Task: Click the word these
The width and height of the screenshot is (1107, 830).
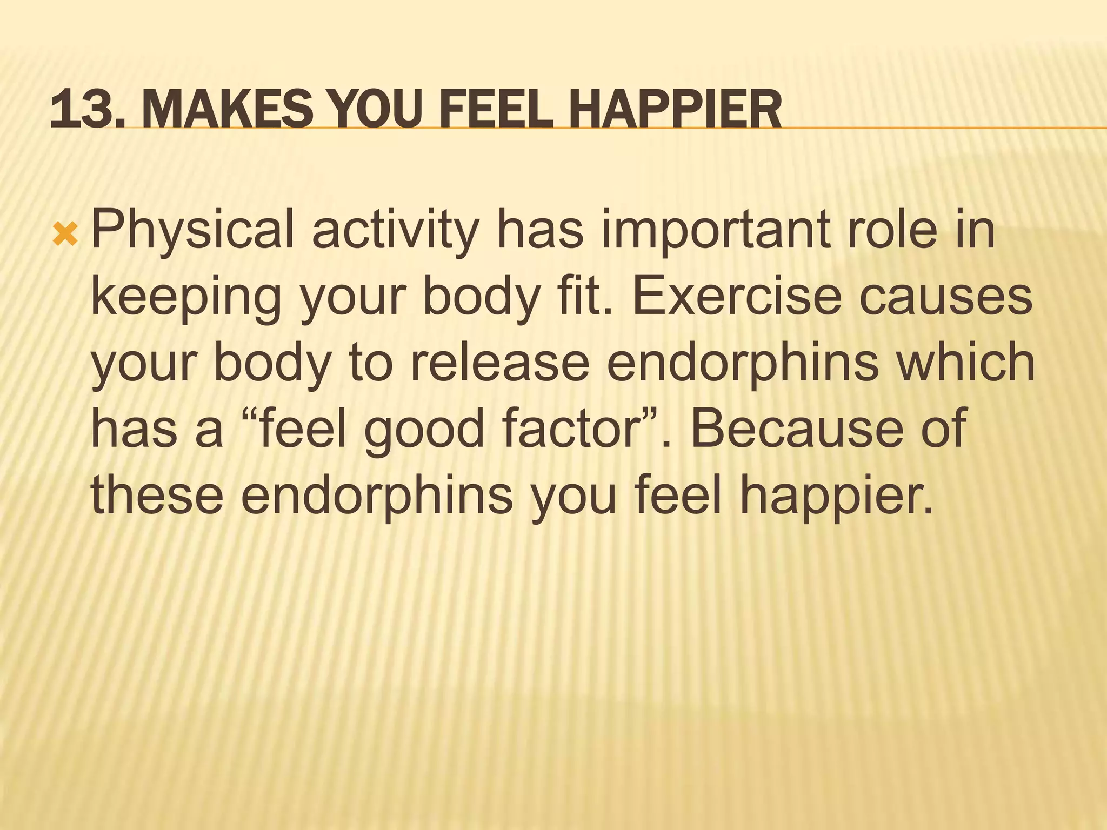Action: click(x=157, y=495)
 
